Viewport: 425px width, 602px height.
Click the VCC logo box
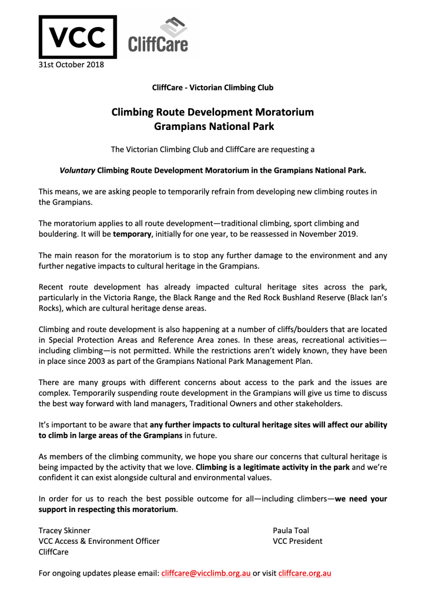(x=77, y=37)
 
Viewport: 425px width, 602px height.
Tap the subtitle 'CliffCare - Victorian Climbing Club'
(x=212, y=88)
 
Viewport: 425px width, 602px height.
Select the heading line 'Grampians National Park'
(x=212, y=125)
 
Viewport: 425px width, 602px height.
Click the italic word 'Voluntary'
(x=77, y=170)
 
